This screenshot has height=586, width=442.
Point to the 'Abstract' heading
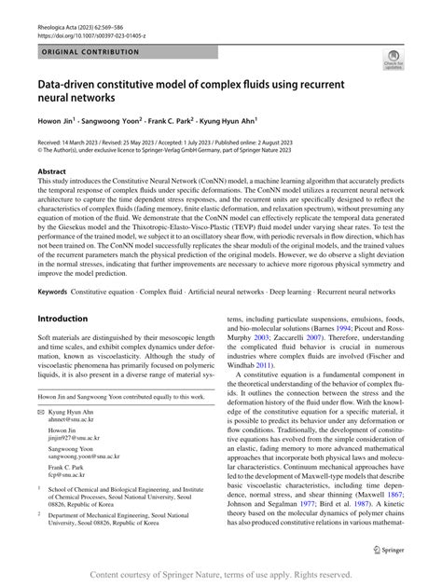(x=52, y=172)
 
